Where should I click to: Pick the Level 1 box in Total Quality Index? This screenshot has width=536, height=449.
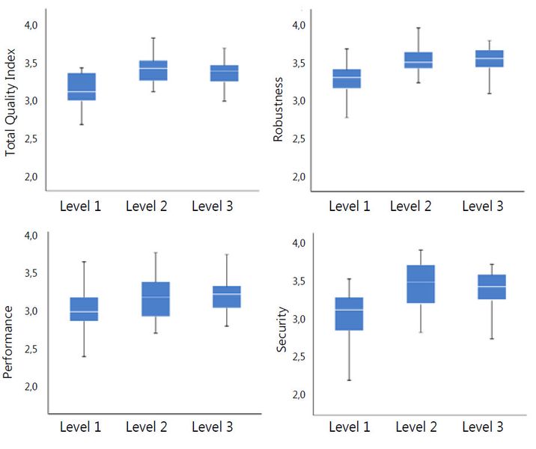(82, 86)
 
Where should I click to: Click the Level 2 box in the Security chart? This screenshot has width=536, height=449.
(420, 284)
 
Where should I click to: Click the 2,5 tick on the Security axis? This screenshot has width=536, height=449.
(299, 357)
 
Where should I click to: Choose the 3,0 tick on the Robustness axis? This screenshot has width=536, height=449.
(299, 100)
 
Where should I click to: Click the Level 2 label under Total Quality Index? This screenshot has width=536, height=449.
(147, 207)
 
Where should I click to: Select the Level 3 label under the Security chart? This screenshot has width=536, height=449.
(482, 427)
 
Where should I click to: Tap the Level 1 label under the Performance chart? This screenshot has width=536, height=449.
(81, 427)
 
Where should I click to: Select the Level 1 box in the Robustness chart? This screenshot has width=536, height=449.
(347, 79)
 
